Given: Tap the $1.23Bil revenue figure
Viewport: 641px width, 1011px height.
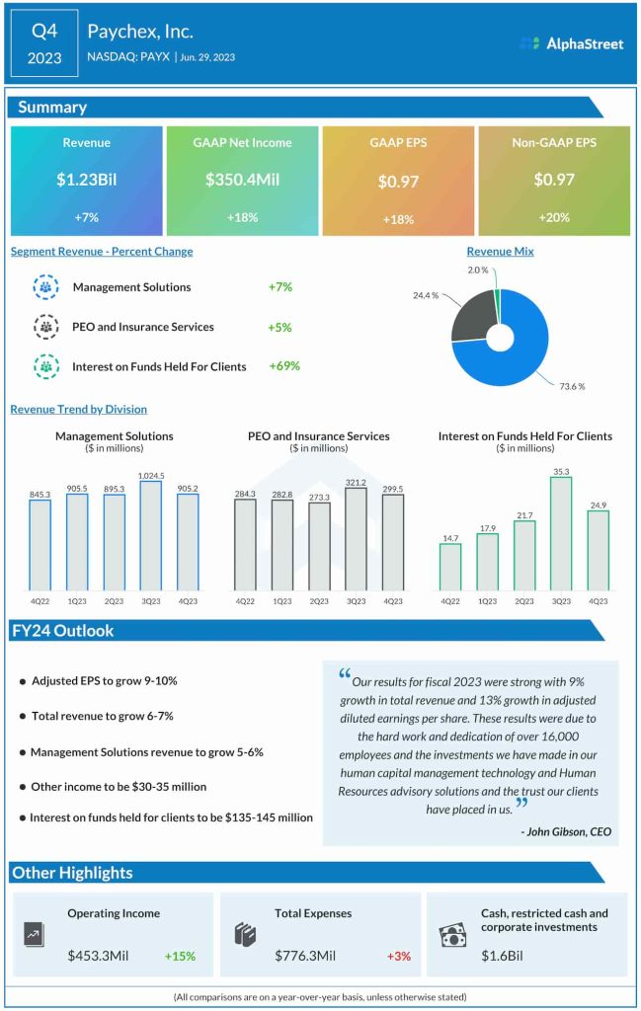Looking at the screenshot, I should pyautogui.click(x=86, y=180).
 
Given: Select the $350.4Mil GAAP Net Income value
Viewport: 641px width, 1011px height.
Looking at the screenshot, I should pyautogui.click(x=242, y=180).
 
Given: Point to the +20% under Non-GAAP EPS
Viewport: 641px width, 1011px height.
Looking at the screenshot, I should pyautogui.click(x=553, y=217).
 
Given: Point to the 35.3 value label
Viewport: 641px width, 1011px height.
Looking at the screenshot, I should pyautogui.click(x=560, y=471).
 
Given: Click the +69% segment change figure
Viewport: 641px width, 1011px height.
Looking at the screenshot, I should pyautogui.click(x=283, y=366).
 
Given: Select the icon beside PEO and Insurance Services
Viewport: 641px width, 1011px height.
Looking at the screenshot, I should pyautogui.click(x=45, y=327).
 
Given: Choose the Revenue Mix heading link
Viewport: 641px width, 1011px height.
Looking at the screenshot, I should pyautogui.click(x=500, y=252).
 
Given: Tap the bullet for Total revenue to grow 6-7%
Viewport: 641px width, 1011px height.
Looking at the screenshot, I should pyautogui.click(x=22, y=717).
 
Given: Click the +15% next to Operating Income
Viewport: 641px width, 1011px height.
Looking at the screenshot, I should pyautogui.click(x=180, y=956).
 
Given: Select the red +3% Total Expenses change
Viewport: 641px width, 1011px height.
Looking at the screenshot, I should pyautogui.click(x=398, y=956).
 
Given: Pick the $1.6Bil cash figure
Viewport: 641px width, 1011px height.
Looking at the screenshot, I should pyautogui.click(x=501, y=956).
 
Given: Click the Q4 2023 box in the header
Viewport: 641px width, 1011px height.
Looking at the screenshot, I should pyautogui.click(x=44, y=43).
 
